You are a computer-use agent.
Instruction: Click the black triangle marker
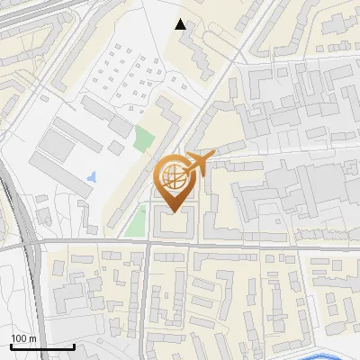pyautogui.click(x=182, y=24)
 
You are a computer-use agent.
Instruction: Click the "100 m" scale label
pyautogui.click(x=22, y=338)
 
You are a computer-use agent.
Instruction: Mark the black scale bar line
pyautogui.click(x=41, y=346)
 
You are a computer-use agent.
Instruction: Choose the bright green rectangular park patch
pyautogui.click(x=143, y=139)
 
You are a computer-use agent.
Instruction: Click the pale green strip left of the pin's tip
pyautogui.click(x=136, y=221)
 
